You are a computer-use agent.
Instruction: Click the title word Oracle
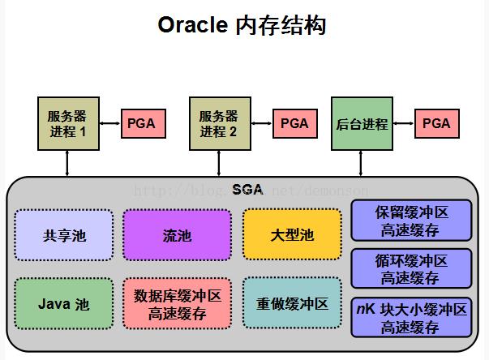click(x=191, y=25)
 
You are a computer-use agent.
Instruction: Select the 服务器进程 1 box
click(x=68, y=123)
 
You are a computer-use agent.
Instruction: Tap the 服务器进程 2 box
click(x=220, y=123)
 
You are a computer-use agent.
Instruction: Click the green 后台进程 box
click(x=362, y=124)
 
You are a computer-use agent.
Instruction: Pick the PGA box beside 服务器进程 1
click(x=144, y=124)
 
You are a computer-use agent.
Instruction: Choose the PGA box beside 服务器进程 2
click(x=294, y=124)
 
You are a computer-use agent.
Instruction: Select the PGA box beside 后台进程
click(x=436, y=124)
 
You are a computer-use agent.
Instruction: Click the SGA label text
click(x=247, y=190)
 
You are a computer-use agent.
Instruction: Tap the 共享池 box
click(x=64, y=235)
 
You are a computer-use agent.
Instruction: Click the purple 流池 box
click(x=177, y=235)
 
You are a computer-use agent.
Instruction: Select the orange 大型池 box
click(x=291, y=235)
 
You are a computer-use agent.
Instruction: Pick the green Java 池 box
click(x=64, y=304)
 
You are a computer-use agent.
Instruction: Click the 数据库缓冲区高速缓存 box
click(x=177, y=304)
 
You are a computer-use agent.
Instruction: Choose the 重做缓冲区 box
click(x=291, y=304)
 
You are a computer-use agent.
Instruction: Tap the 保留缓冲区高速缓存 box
click(x=411, y=221)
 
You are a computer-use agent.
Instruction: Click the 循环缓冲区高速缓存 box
click(x=411, y=269)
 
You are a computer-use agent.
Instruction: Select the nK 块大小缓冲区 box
click(x=411, y=317)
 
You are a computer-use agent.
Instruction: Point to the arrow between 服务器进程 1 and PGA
click(x=110, y=124)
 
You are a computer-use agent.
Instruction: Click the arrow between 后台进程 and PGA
click(x=403, y=124)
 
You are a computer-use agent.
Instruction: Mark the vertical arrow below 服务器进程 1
click(x=68, y=163)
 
